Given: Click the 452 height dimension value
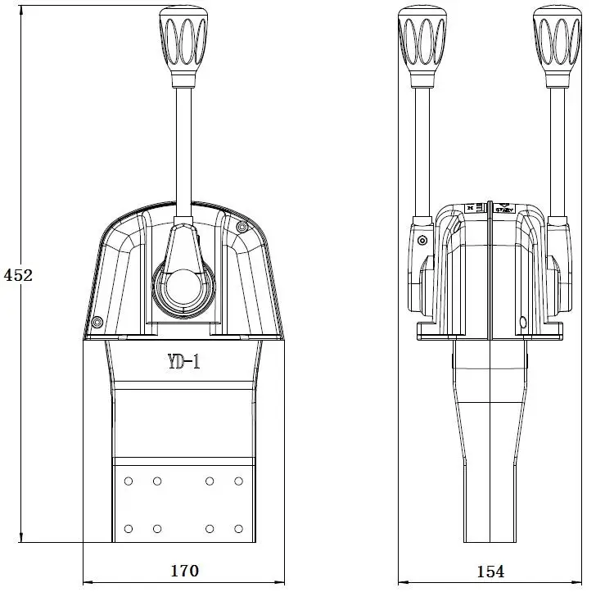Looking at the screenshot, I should [18, 275].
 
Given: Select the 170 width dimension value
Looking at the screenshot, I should [183, 571].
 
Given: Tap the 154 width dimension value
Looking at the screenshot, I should [490, 571].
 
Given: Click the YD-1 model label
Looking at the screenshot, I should [184, 362].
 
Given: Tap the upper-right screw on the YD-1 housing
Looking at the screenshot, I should [241, 226].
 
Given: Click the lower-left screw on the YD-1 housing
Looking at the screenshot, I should [97, 322].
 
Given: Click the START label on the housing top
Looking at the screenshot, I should [504, 210].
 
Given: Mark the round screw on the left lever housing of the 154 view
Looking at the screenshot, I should [422, 241].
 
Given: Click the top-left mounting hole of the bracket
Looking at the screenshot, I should [129, 481].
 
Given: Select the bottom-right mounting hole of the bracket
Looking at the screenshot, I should [239, 528].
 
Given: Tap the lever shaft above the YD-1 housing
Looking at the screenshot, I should [183, 147].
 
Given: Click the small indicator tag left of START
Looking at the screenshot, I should [470, 209].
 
